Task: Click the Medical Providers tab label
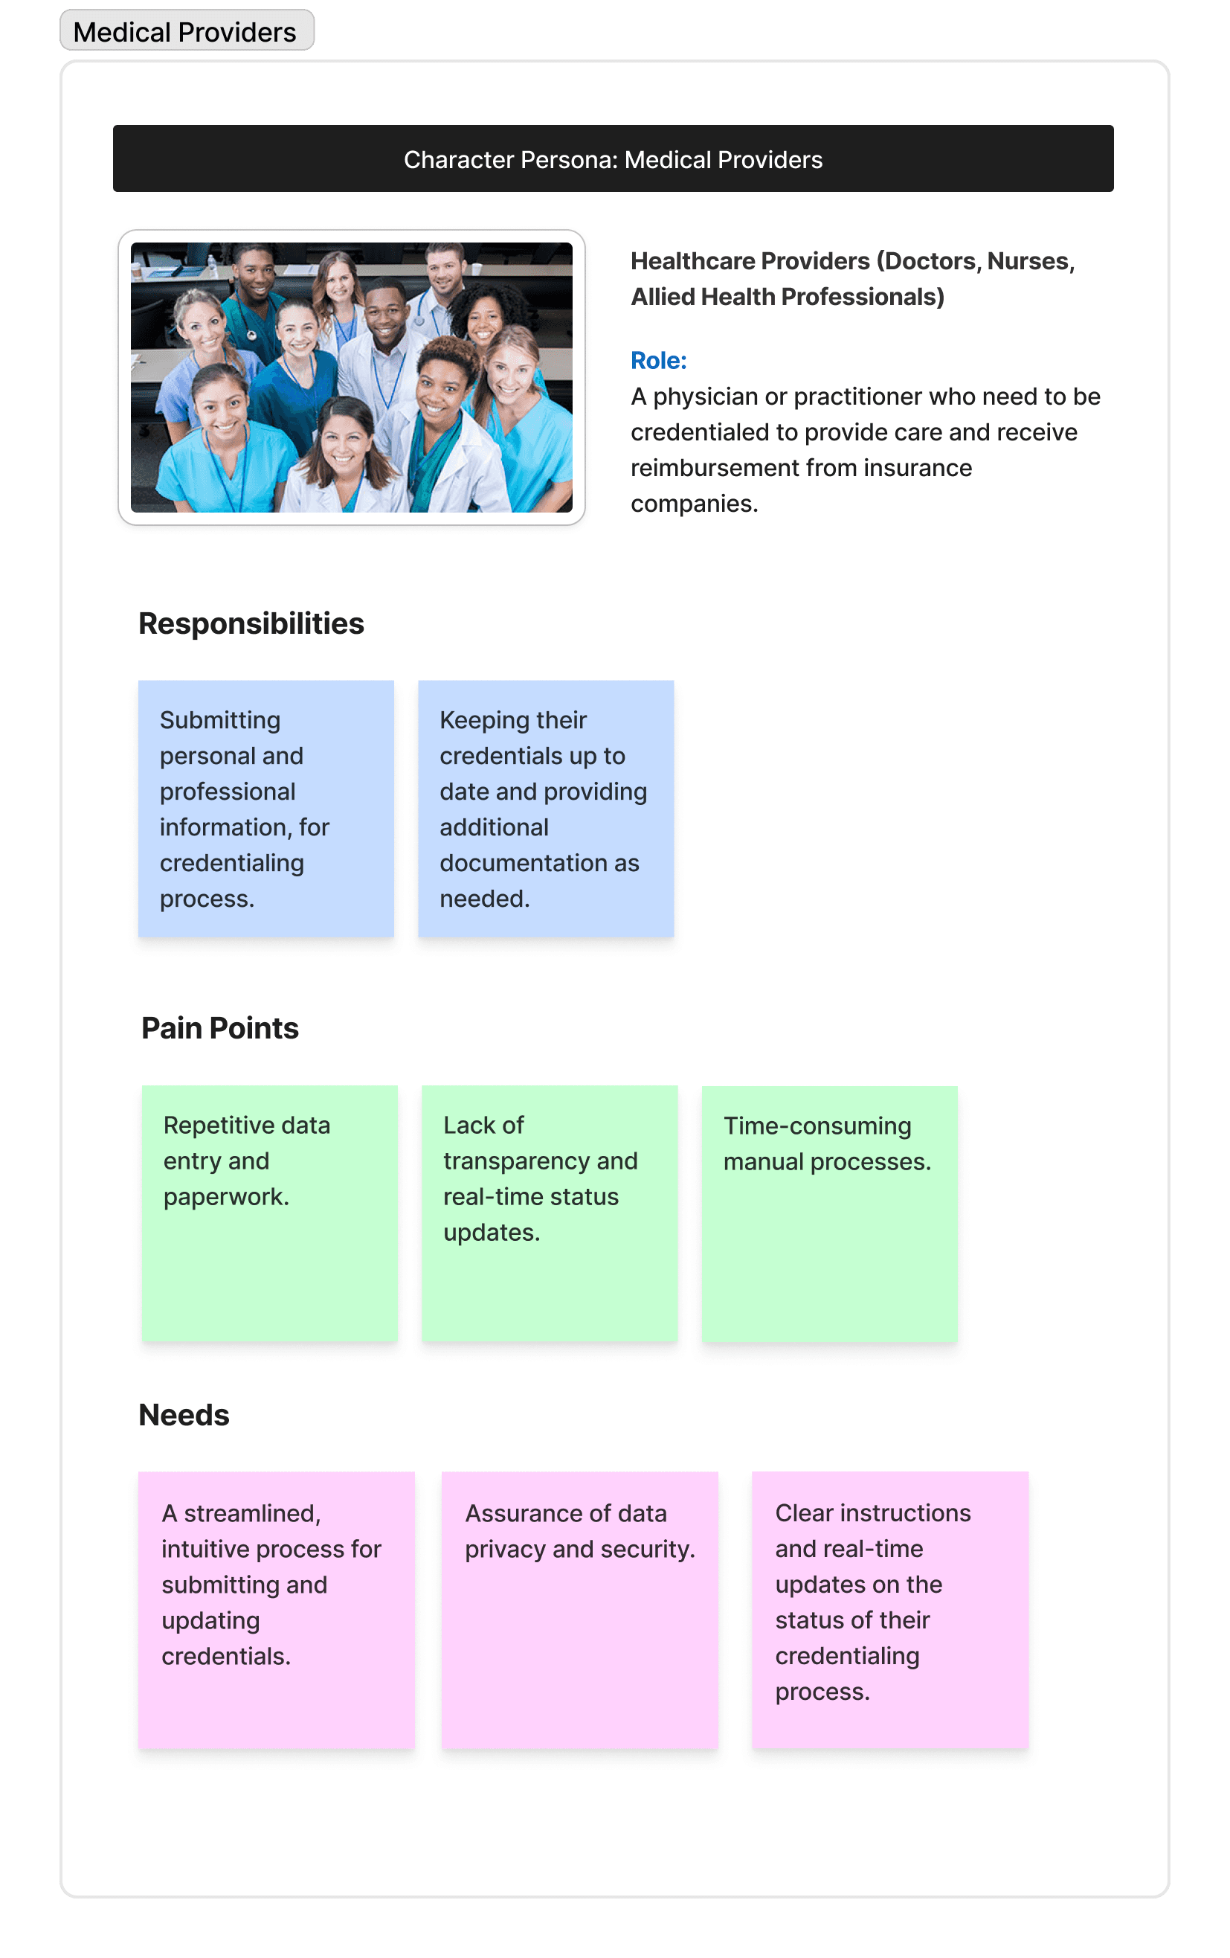(185, 32)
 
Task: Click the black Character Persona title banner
(613, 159)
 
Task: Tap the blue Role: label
(658, 360)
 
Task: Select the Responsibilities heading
(251, 623)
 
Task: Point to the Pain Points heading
(220, 1029)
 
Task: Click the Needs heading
(184, 1416)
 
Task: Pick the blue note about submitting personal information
(265, 809)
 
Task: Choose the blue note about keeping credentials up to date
(546, 809)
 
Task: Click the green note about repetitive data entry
(269, 1213)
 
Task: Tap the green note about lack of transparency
(550, 1213)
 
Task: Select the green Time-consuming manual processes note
(829, 1213)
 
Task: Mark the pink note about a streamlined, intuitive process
(277, 1610)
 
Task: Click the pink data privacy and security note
(579, 1610)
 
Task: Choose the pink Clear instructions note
(890, 1610)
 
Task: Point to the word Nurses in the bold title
(1028, 261)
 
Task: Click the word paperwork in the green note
(225, 1197)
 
